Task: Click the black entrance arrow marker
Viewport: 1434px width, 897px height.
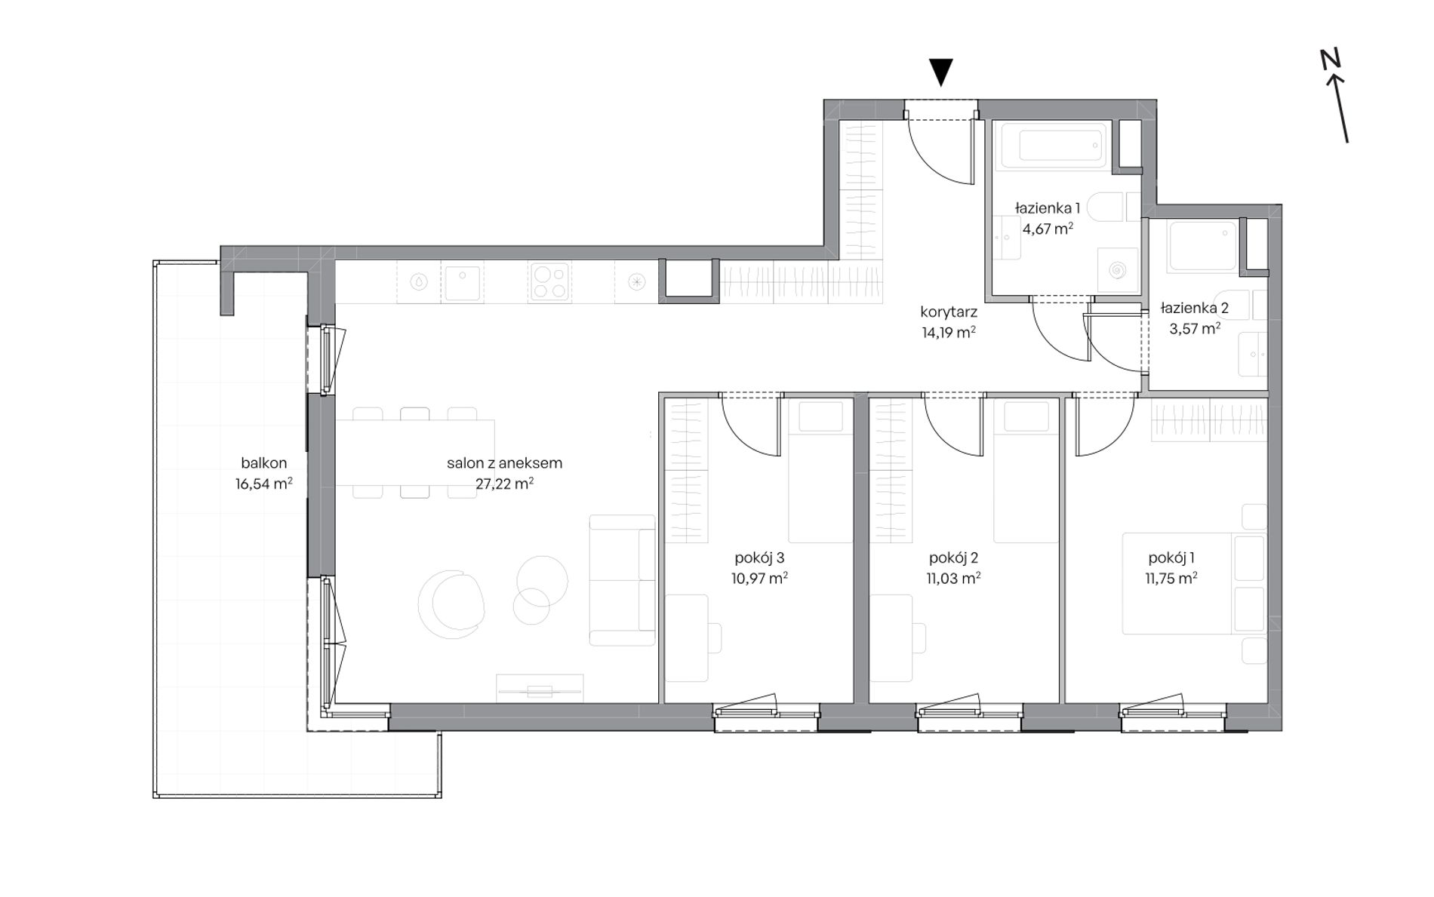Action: click(941, 72)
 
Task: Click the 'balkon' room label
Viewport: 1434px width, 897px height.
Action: click(264, 463)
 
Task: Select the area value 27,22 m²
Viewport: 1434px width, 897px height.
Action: click(505, 484)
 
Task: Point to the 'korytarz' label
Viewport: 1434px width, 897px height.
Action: click(949, 312)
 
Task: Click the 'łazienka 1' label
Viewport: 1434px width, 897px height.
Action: click(1048, 207)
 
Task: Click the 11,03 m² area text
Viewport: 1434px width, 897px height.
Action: click(953, 579)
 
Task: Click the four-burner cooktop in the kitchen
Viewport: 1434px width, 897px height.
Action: click(549, 281)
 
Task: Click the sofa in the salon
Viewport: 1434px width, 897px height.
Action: click(623, 580)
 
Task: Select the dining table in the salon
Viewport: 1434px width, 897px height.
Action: click(415, 452)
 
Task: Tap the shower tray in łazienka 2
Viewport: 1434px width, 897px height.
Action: click(1202, 246)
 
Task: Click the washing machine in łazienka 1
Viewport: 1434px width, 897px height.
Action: click(1118, 270)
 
